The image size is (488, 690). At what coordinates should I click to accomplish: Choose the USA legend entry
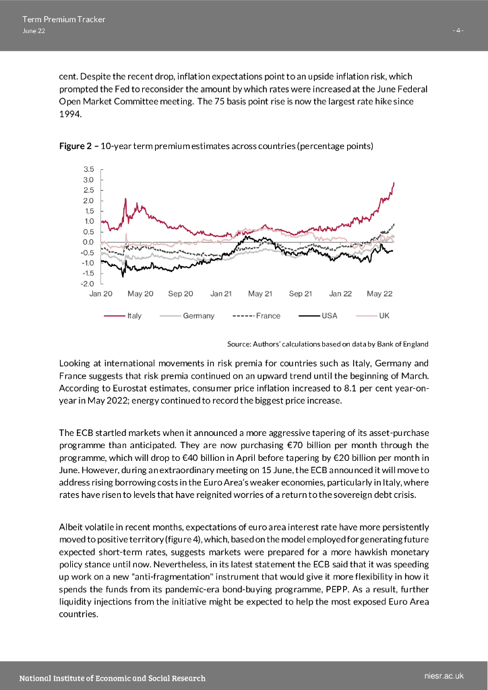coord(329,315)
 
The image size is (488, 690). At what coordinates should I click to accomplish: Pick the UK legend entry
coord(384,315)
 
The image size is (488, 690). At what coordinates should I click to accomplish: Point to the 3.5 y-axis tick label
coord(88,170)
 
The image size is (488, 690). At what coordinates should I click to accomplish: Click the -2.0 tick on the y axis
coord(88,284)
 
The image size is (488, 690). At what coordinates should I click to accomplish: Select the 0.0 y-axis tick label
coord(88,242)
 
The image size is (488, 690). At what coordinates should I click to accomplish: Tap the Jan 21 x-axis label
coord(221,294)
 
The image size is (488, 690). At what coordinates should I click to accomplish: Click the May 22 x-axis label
coord(379,294)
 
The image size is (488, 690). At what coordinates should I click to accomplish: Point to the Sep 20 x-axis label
coord(181,294)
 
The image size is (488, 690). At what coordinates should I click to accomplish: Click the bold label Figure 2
coord(75,146)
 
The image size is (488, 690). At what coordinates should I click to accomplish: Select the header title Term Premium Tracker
coord(63,20)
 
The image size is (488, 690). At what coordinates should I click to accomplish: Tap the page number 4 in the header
coord(458,31)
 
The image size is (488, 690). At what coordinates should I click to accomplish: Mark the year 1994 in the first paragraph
coord(69,115)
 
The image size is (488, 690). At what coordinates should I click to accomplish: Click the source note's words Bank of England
coord(403,344)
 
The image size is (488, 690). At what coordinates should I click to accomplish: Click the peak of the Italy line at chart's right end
coord(394,183)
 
